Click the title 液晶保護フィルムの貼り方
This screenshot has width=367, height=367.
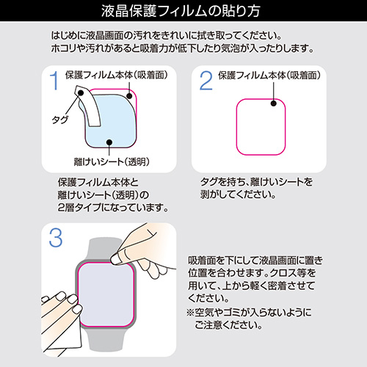(x=183, y=12)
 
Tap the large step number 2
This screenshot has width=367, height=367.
(x=206, y=81)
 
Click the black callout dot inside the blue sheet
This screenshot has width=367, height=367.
(x=108, y=145)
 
